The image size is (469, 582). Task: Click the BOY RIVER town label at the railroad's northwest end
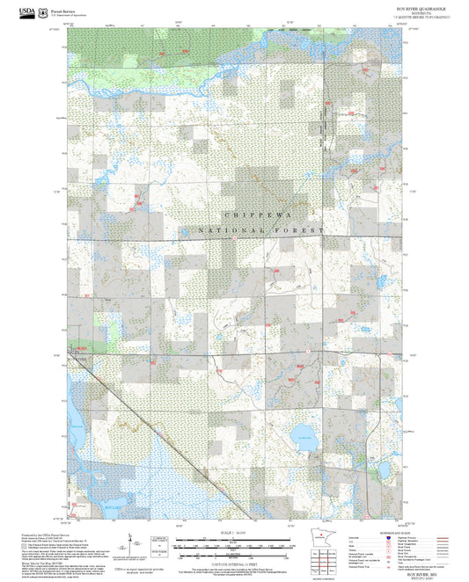coord(81,358)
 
